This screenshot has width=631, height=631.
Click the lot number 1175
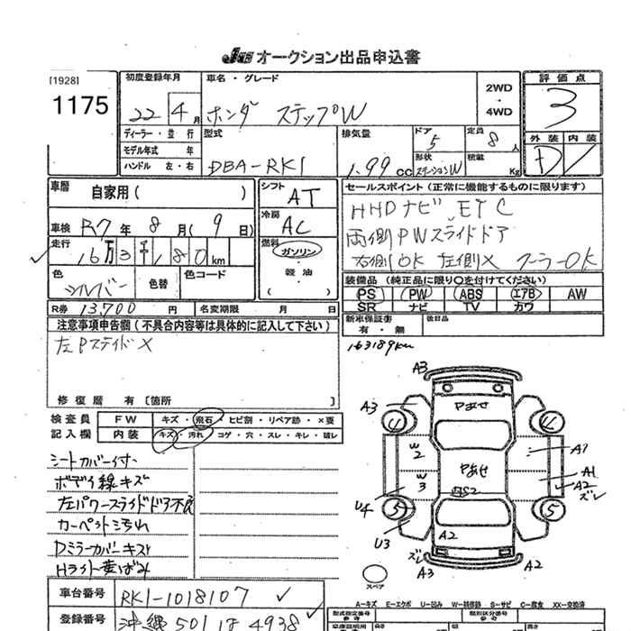click(80, 106)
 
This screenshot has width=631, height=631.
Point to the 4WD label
click(498, 113)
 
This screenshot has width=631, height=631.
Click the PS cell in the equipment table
click(366, 294)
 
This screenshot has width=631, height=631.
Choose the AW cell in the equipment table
click(577, 294)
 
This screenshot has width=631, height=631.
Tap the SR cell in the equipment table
click(366, 306)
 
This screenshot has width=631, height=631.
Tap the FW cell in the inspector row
click(129, 421)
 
